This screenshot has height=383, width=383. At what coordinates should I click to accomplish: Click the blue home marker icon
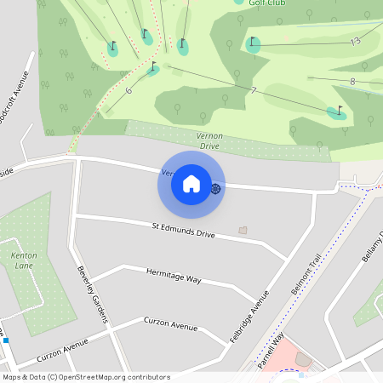[x=191, y=184]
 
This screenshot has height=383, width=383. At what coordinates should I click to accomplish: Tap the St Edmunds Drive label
[x=183, y=230]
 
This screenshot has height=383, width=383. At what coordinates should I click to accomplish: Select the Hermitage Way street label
[x=173, y=277]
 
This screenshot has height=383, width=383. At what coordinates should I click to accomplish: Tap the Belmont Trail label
[x=307, y=274]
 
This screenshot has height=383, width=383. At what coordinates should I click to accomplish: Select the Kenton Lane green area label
[x=23, y=260]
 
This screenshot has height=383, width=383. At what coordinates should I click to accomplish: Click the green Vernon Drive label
[x=209, y=140]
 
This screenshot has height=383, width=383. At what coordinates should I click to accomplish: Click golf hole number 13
[x=355, y=41]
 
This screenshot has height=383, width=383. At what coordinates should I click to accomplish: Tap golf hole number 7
[x=254, y=90]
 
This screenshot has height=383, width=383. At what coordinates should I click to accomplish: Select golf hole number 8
[x=352, y=82]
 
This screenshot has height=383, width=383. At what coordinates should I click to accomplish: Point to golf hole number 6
[x=129, y=90]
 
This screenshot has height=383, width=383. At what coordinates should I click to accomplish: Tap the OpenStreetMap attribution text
[x=86, y=376]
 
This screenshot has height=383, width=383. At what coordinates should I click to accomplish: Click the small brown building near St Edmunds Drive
[x=243, y=230]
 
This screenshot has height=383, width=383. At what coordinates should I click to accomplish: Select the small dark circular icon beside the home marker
[x=216, y=188]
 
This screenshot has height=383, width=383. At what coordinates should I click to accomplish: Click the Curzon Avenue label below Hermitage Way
[x=170, y=326]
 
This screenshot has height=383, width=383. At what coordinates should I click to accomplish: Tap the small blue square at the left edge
[x=6, y=340]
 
